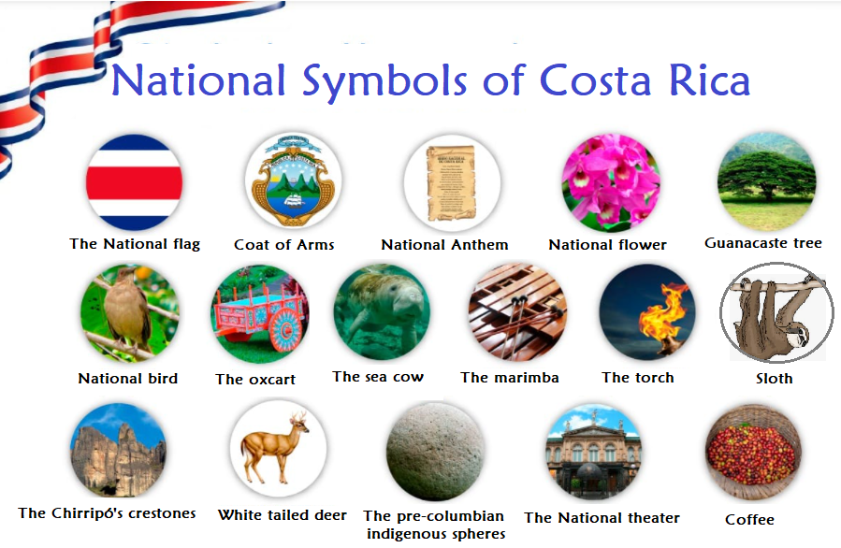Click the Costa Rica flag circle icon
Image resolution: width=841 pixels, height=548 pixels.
[x=134, y=182]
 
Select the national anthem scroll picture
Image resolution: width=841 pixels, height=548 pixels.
[x=452, y=181]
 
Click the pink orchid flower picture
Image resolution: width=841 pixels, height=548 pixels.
[x=611, y=181]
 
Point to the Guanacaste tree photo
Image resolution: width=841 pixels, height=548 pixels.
[x=766, y=180]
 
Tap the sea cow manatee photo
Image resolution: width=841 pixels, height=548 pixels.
[x=382, y=312]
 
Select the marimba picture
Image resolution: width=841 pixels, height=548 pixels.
[x=517, y=312]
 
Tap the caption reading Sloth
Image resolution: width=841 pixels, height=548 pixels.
[x=774, y=379]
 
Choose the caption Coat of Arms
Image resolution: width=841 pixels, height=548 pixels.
[x=283, y=245]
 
